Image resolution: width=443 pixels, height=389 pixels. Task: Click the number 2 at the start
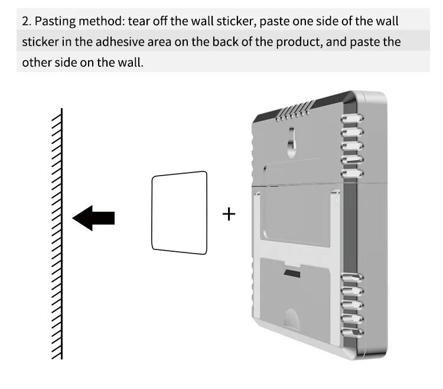(25, 22)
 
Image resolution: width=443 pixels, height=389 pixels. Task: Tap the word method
(103, 22)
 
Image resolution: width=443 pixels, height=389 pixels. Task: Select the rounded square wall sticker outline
(180, 211)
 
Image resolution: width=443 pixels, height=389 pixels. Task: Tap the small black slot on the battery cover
(291, 274)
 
